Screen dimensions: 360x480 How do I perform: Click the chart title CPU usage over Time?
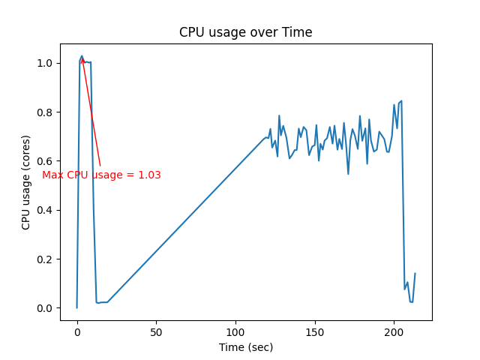pos(245,32)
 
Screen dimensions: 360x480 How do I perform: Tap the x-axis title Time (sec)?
pos(245,347)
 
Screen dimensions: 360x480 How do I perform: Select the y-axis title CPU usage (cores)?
pos(26,182)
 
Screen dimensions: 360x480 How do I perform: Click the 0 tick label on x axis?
pos(77,331)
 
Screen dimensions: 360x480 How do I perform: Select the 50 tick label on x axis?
pos(156,331)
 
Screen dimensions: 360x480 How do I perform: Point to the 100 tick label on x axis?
pos(235,331)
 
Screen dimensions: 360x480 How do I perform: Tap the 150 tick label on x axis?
pos(315,331)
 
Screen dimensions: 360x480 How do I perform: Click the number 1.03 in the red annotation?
pos(149,175)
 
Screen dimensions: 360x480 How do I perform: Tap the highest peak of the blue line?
pos(82,56)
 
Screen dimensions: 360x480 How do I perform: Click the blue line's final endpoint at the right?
pos(415,274)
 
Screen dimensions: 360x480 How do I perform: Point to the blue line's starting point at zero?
pos(77,307)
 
